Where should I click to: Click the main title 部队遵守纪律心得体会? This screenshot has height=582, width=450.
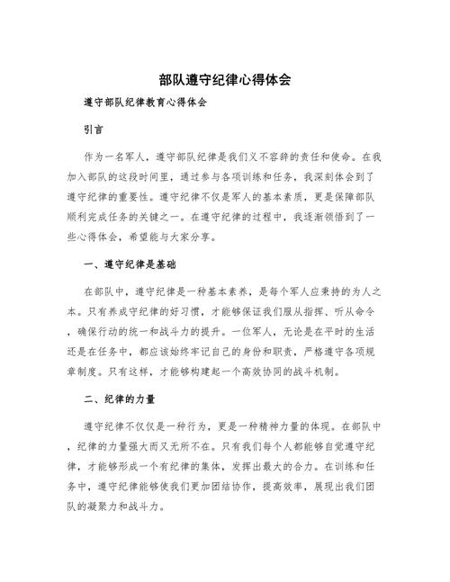(224, 80)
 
